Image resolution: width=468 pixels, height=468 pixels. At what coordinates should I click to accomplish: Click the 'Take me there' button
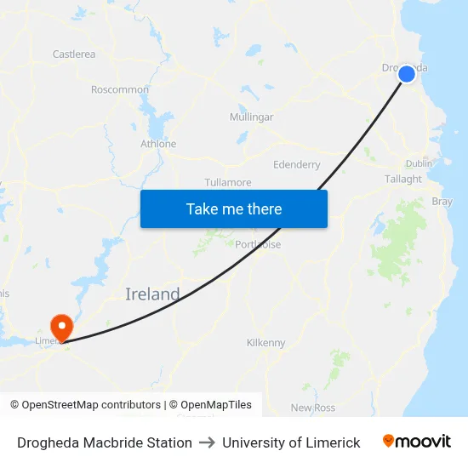pos(234,208)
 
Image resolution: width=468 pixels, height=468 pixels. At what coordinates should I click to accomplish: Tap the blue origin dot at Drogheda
pos(407,74)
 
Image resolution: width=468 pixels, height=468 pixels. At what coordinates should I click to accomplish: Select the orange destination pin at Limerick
pos(61,327)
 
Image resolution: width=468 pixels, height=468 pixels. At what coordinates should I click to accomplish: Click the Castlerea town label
pos(74,54)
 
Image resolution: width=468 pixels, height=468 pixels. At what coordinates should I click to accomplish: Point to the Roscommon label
pos(120,89)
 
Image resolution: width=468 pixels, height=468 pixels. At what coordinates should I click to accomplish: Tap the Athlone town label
pos(158,144)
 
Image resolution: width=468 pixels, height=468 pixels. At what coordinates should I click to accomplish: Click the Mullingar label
pos(251,117)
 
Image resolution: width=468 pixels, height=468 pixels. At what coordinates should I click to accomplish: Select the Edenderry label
pos(297,164)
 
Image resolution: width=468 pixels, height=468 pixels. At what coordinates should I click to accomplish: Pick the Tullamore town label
pos(228,182)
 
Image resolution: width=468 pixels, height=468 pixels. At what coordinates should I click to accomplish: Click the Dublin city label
pos(419,163)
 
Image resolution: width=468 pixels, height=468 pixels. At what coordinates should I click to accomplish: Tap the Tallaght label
pos(403,179)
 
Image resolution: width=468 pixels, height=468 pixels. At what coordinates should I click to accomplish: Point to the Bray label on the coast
pos(442,202)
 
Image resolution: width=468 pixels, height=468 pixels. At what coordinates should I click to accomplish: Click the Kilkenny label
pos(266,343)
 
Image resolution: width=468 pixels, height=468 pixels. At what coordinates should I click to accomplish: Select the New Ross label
pos(313,408)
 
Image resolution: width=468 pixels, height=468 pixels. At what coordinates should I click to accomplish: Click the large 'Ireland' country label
pos(152,294)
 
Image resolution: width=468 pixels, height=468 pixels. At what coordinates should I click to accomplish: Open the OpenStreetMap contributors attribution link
pos(85,405)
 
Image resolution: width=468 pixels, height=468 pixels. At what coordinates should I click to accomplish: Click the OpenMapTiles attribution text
pos(209,405)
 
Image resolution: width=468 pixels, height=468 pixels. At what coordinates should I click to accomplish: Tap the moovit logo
pos(417,442)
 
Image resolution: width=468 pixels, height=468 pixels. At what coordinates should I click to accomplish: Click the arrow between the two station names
pos(207,442)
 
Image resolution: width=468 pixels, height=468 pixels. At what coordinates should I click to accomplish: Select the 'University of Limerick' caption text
pos(291,442)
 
